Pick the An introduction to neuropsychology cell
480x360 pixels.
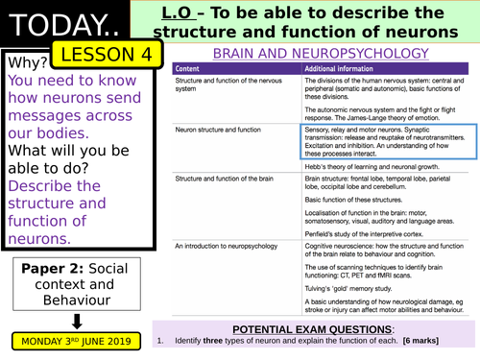pyautogui.click(x=224, y=247)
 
